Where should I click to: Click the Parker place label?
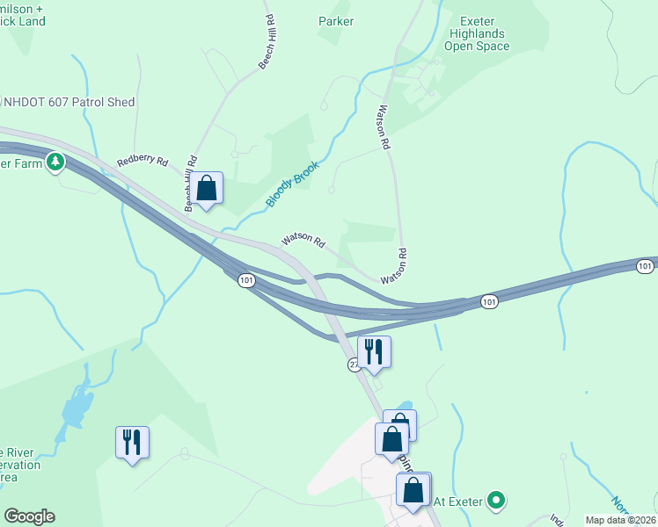(335, 20)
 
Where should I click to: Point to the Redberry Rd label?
(143, 162)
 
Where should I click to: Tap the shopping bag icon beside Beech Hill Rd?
(207, 189)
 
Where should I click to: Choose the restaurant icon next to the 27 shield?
(375, 352)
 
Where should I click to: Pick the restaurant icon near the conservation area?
(132, 443)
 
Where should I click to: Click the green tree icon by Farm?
(55, 162)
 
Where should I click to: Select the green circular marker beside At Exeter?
(497, 502)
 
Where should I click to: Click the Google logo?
(29, 516)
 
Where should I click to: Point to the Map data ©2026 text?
(621, 520)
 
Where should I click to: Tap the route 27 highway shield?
(354, 364)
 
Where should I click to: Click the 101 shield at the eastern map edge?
(645, 265)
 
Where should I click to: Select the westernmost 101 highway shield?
(246, 280)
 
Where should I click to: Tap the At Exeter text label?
(457, 502)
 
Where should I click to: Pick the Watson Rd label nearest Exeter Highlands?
(383, 128)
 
